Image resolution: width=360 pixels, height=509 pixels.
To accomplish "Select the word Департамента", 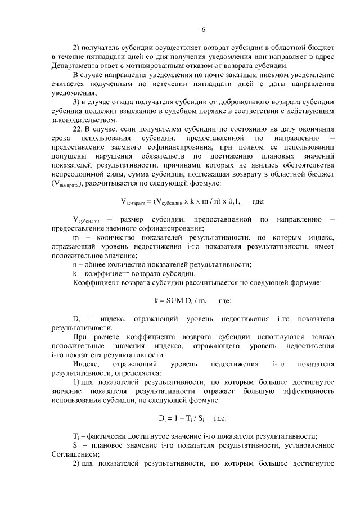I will pyautogui.click(x=75, y=66).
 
